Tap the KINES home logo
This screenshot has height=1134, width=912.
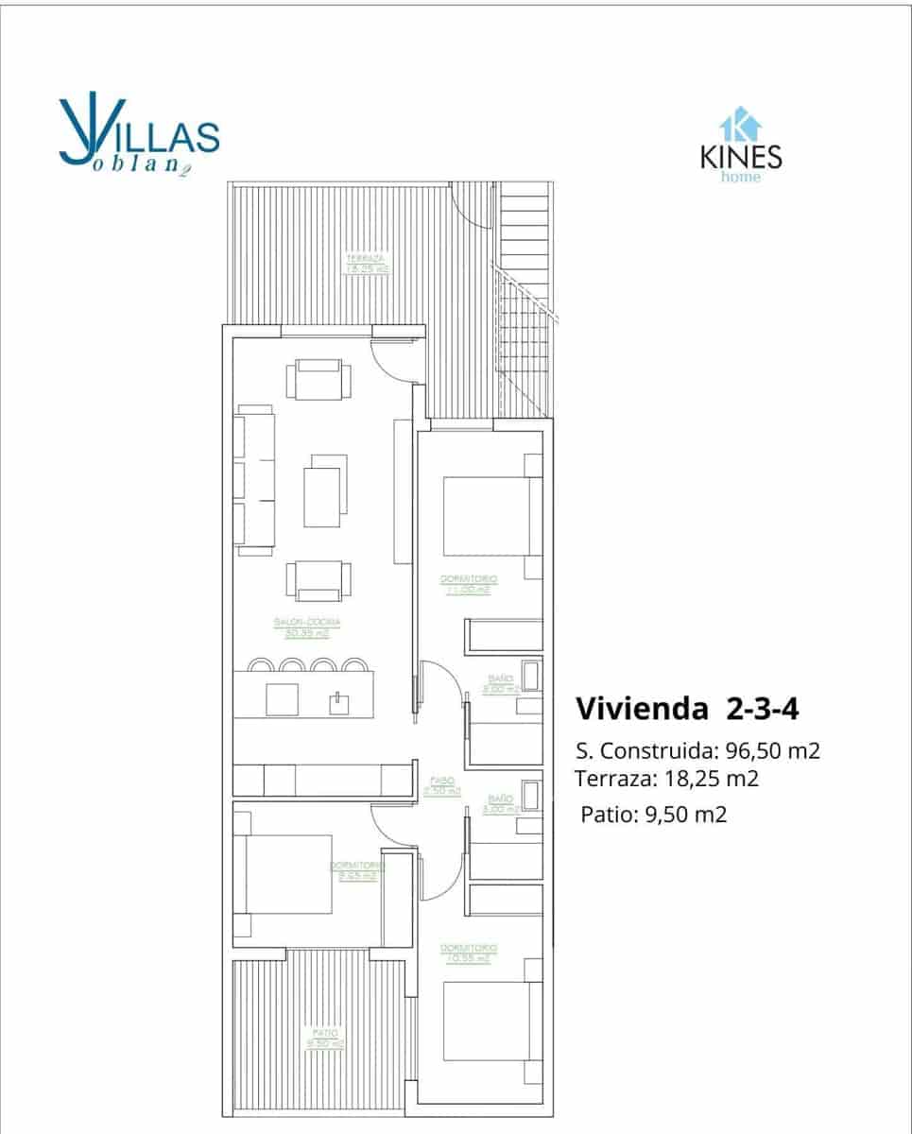pyautogui.click(x=741, y=146)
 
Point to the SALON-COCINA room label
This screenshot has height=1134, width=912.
pyautogui.click(x=306, y=627)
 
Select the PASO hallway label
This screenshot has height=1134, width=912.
pyautogui.click(x=440, y=786)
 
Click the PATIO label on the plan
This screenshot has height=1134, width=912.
pyautogui.click(x=324, y=1039)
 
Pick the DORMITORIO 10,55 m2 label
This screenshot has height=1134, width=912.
pyautogui.click(x=469, y=953)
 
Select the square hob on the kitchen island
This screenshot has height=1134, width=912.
pyautogui.click(x=283, y=699)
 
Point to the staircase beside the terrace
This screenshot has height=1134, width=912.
pyautogui.click(x=525, y=302)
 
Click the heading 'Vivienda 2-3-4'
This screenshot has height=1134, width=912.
pyautogui.click(x=678, y=708)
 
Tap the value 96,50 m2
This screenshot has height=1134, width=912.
pyautogui.click(x=772, y=752)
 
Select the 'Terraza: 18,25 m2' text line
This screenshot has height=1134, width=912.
pyautogui.click(x=667, y=779)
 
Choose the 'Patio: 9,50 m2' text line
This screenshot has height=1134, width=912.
pyautogui.click(x=653, y=815)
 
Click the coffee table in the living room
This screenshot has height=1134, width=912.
pyautogui.click(x=325, y=490)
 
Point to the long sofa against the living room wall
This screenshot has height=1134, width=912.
pyautogui.click(x=255, y=481)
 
